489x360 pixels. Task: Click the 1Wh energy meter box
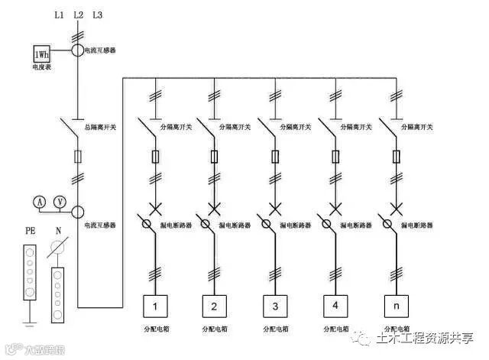pos(40,54)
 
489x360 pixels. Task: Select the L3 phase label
pos(96,15)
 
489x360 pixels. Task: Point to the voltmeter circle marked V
pos(59,201)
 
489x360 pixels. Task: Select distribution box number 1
pos(156,307)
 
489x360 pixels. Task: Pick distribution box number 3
pos(274,307)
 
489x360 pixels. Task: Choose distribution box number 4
pos(335,307)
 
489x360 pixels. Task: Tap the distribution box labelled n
pos(393,307)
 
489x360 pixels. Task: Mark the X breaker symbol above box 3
pos(274,208)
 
